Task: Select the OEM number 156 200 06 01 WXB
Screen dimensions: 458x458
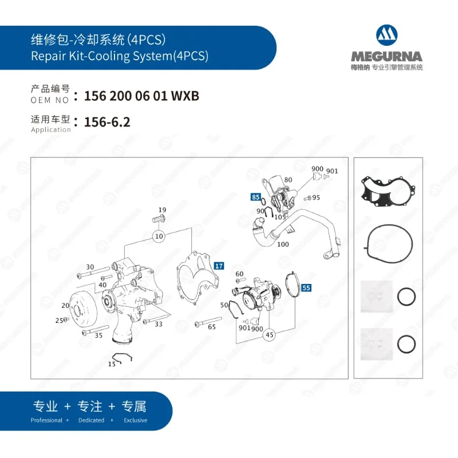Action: click(141, 96)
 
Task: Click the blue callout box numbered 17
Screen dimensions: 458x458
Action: click(219, 266)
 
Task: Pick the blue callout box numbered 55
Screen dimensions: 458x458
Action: click(306, 288)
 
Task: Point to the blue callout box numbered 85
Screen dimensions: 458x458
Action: click(255, 198)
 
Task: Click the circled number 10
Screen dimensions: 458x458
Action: click(159, 236)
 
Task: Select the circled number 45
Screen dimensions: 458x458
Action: click(269, 335)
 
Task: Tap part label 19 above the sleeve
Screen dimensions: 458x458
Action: click(162, 210)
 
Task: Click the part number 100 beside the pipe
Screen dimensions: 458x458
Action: click(283, 244)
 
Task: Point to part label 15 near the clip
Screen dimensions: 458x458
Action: click(112, 364)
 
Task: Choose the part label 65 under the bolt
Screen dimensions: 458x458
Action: click(212, 327)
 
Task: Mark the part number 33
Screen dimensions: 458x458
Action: click(159, 324)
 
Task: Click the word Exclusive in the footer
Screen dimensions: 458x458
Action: click(135, 420)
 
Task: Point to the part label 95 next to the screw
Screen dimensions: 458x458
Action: click(316, 198)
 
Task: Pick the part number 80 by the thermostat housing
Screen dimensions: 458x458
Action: click(288, 180)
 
